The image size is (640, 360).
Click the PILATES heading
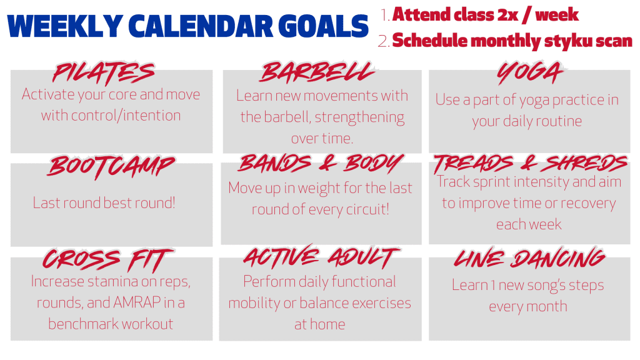pyautogui.click(x=104, y=74)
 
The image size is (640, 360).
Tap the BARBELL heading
pyautogui.click(x=317, y=72)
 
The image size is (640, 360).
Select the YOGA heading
pyautogui.click(x=530, y=72)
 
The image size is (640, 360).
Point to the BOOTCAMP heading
pyautogui.click(x=111, y=167)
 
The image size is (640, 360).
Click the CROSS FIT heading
pyautogui.click(x=108, y=260)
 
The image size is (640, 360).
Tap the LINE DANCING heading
pyautogui.click(x=529, y=258)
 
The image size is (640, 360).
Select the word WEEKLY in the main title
pyautogui.click(x=65, y=26)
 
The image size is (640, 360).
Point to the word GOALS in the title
pyautogui.click(x=323, y=26)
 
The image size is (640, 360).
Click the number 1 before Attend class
pyautogui.click(x=385, y=15)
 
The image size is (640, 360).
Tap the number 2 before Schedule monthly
pyautogui.click(x=384, y=41)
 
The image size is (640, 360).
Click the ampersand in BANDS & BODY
pyautogui.click(x=327, y=163)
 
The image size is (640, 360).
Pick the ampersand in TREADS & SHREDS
pyautogui.click(x=529, y=163)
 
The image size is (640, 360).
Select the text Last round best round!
pyautogui.click(x=104, y=203)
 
